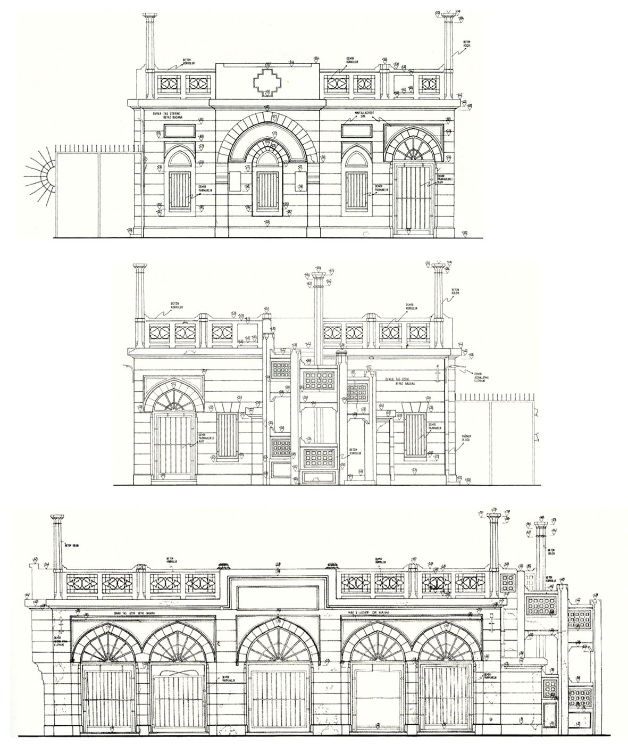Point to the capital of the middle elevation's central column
click(x=318, y=276)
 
